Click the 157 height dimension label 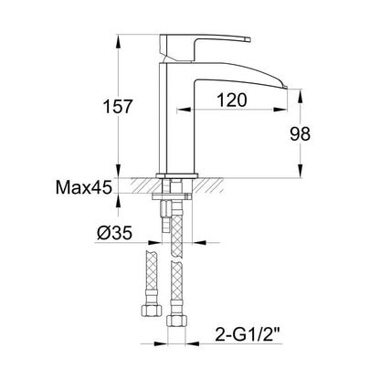coord(118,106)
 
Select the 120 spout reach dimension coord(232,100)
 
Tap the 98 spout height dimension coord(300,134)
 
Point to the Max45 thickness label coord(83,187)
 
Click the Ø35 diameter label coord(114,233)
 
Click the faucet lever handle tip coord(248,39)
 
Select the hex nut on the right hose coord(176,321)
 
